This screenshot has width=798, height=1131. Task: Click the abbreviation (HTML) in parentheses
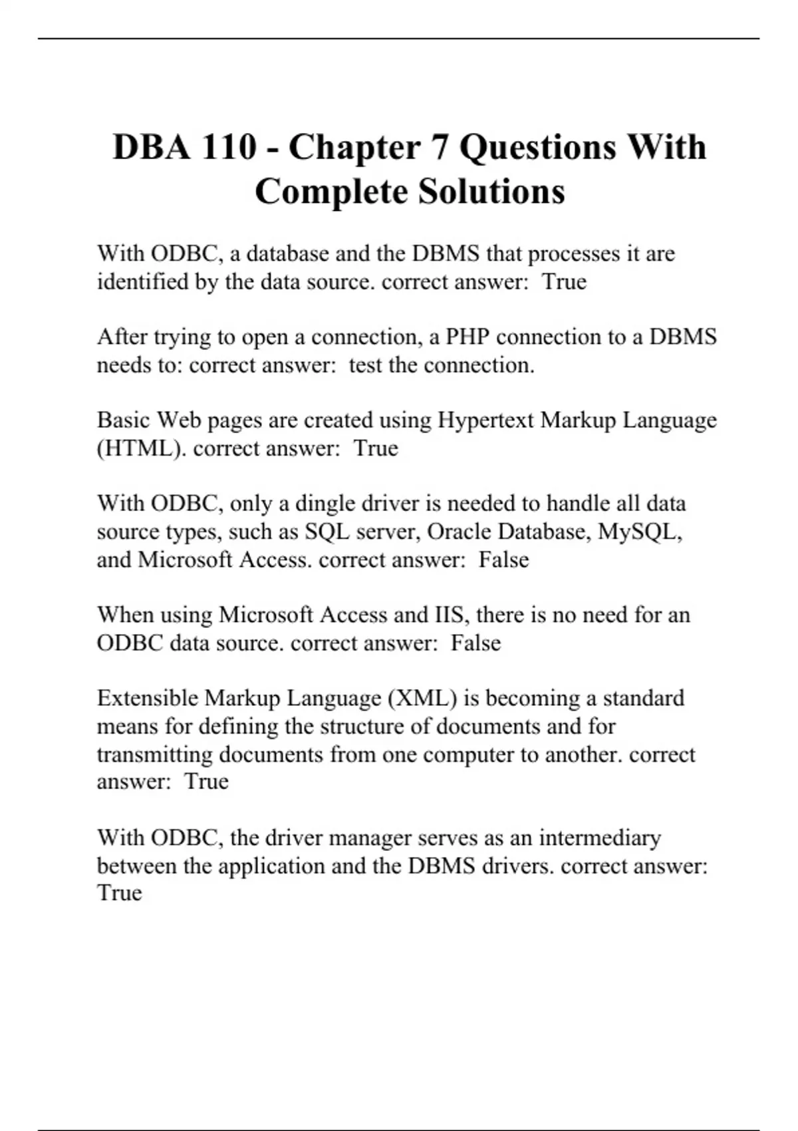[141, 448]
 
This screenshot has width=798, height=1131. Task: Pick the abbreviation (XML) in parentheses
[422, 698]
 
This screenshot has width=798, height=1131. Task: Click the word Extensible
[148, 698]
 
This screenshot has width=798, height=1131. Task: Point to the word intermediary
[600, 838]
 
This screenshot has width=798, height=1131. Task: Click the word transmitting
[155, 754]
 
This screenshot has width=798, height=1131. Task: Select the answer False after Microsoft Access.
[503, 560]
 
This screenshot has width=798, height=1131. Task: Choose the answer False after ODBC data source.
[475, 643]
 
